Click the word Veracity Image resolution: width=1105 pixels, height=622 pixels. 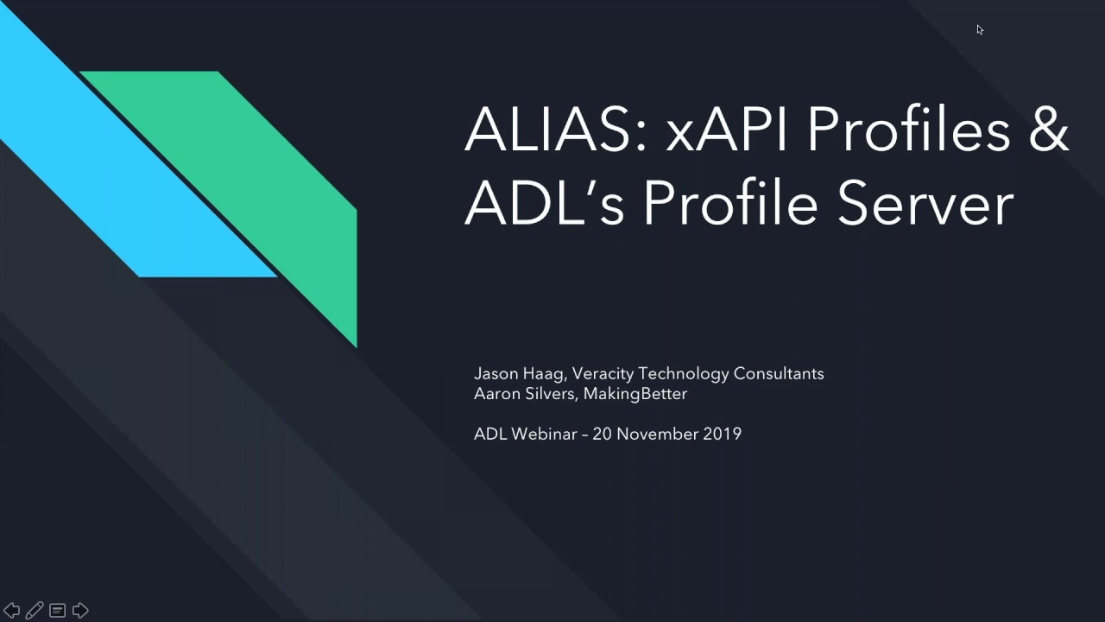pos(603,374)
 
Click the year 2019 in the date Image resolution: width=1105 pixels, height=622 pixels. pos(723,434)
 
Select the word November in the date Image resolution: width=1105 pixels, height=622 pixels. pos(656,434)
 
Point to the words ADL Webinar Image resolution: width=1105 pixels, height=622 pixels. pos(525,434)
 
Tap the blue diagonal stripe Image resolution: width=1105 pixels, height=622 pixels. pos(129,173)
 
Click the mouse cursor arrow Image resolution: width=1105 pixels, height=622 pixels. pos(980,30)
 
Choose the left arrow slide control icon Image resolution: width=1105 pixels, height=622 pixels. pos(12,611)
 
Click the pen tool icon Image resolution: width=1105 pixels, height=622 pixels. pos(35,611)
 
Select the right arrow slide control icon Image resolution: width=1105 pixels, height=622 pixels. pos(80,611)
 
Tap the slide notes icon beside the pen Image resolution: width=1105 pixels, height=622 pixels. pos(57,611)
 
